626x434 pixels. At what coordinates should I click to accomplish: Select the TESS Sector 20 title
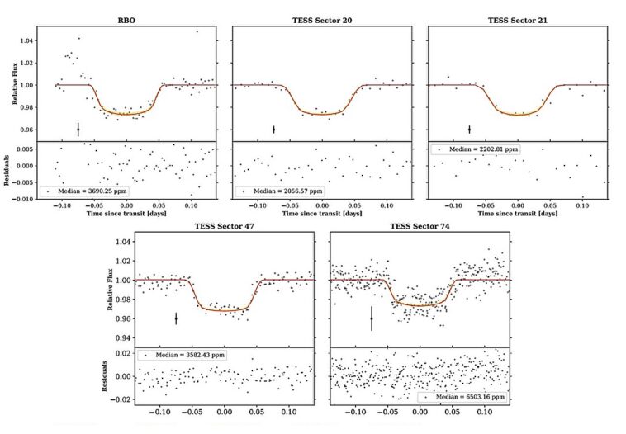click(x=321, y=19)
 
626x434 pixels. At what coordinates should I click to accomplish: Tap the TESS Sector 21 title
click(x=517, y=19)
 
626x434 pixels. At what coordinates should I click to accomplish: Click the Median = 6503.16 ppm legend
click(x=463, y=397)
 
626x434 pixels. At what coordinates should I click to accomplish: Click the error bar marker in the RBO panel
click(x=78, y=130)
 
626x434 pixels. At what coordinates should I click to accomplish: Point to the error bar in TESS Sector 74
click(x=371, y=318)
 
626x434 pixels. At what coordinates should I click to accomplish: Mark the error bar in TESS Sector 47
click(x=176, y=318)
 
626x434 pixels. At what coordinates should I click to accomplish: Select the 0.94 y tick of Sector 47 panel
click(x=121, y=338)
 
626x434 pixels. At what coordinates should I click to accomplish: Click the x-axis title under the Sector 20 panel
click(x=321, y=214)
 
